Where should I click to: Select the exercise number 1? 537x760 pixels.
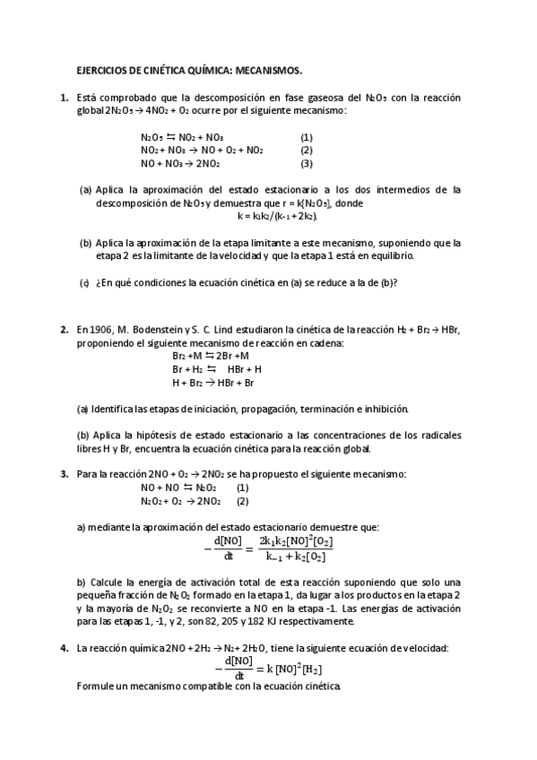pos(64,97)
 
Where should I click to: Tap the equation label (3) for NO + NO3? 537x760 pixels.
pos(306,164)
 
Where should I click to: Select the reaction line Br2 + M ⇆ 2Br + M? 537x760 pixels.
pos(211,356)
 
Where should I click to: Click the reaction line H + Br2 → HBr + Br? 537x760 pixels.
pos(213,383)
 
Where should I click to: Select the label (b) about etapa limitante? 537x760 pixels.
pos(86,242)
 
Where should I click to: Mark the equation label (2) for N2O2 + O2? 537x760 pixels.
pos(242,501)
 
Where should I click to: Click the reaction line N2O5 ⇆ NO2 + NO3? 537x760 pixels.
pos(183,137)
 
